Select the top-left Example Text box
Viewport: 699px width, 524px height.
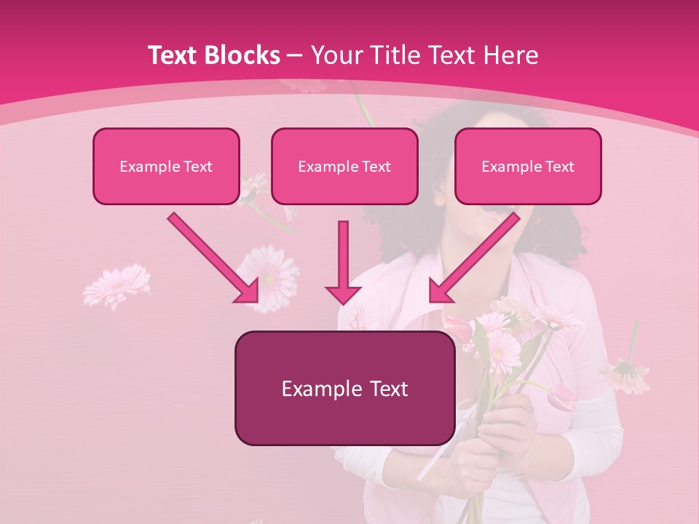(x=166, y=166)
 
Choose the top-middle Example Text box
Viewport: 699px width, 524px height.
(x=344, y=166)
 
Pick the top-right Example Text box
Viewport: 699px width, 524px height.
(x=528, y=166)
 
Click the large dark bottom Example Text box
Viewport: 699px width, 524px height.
(x=344, y=388)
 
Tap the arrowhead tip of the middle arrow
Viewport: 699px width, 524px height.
(x=343, y=301)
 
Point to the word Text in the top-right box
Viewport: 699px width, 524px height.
(x=559, y=166)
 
